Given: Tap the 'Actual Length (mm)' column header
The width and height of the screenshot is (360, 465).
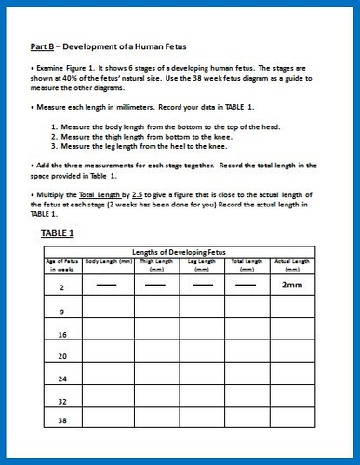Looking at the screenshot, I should pyautogui.click(x=294, y=265).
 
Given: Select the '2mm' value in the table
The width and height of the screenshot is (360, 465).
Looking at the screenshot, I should pyautogui.click(x=294, y=286).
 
